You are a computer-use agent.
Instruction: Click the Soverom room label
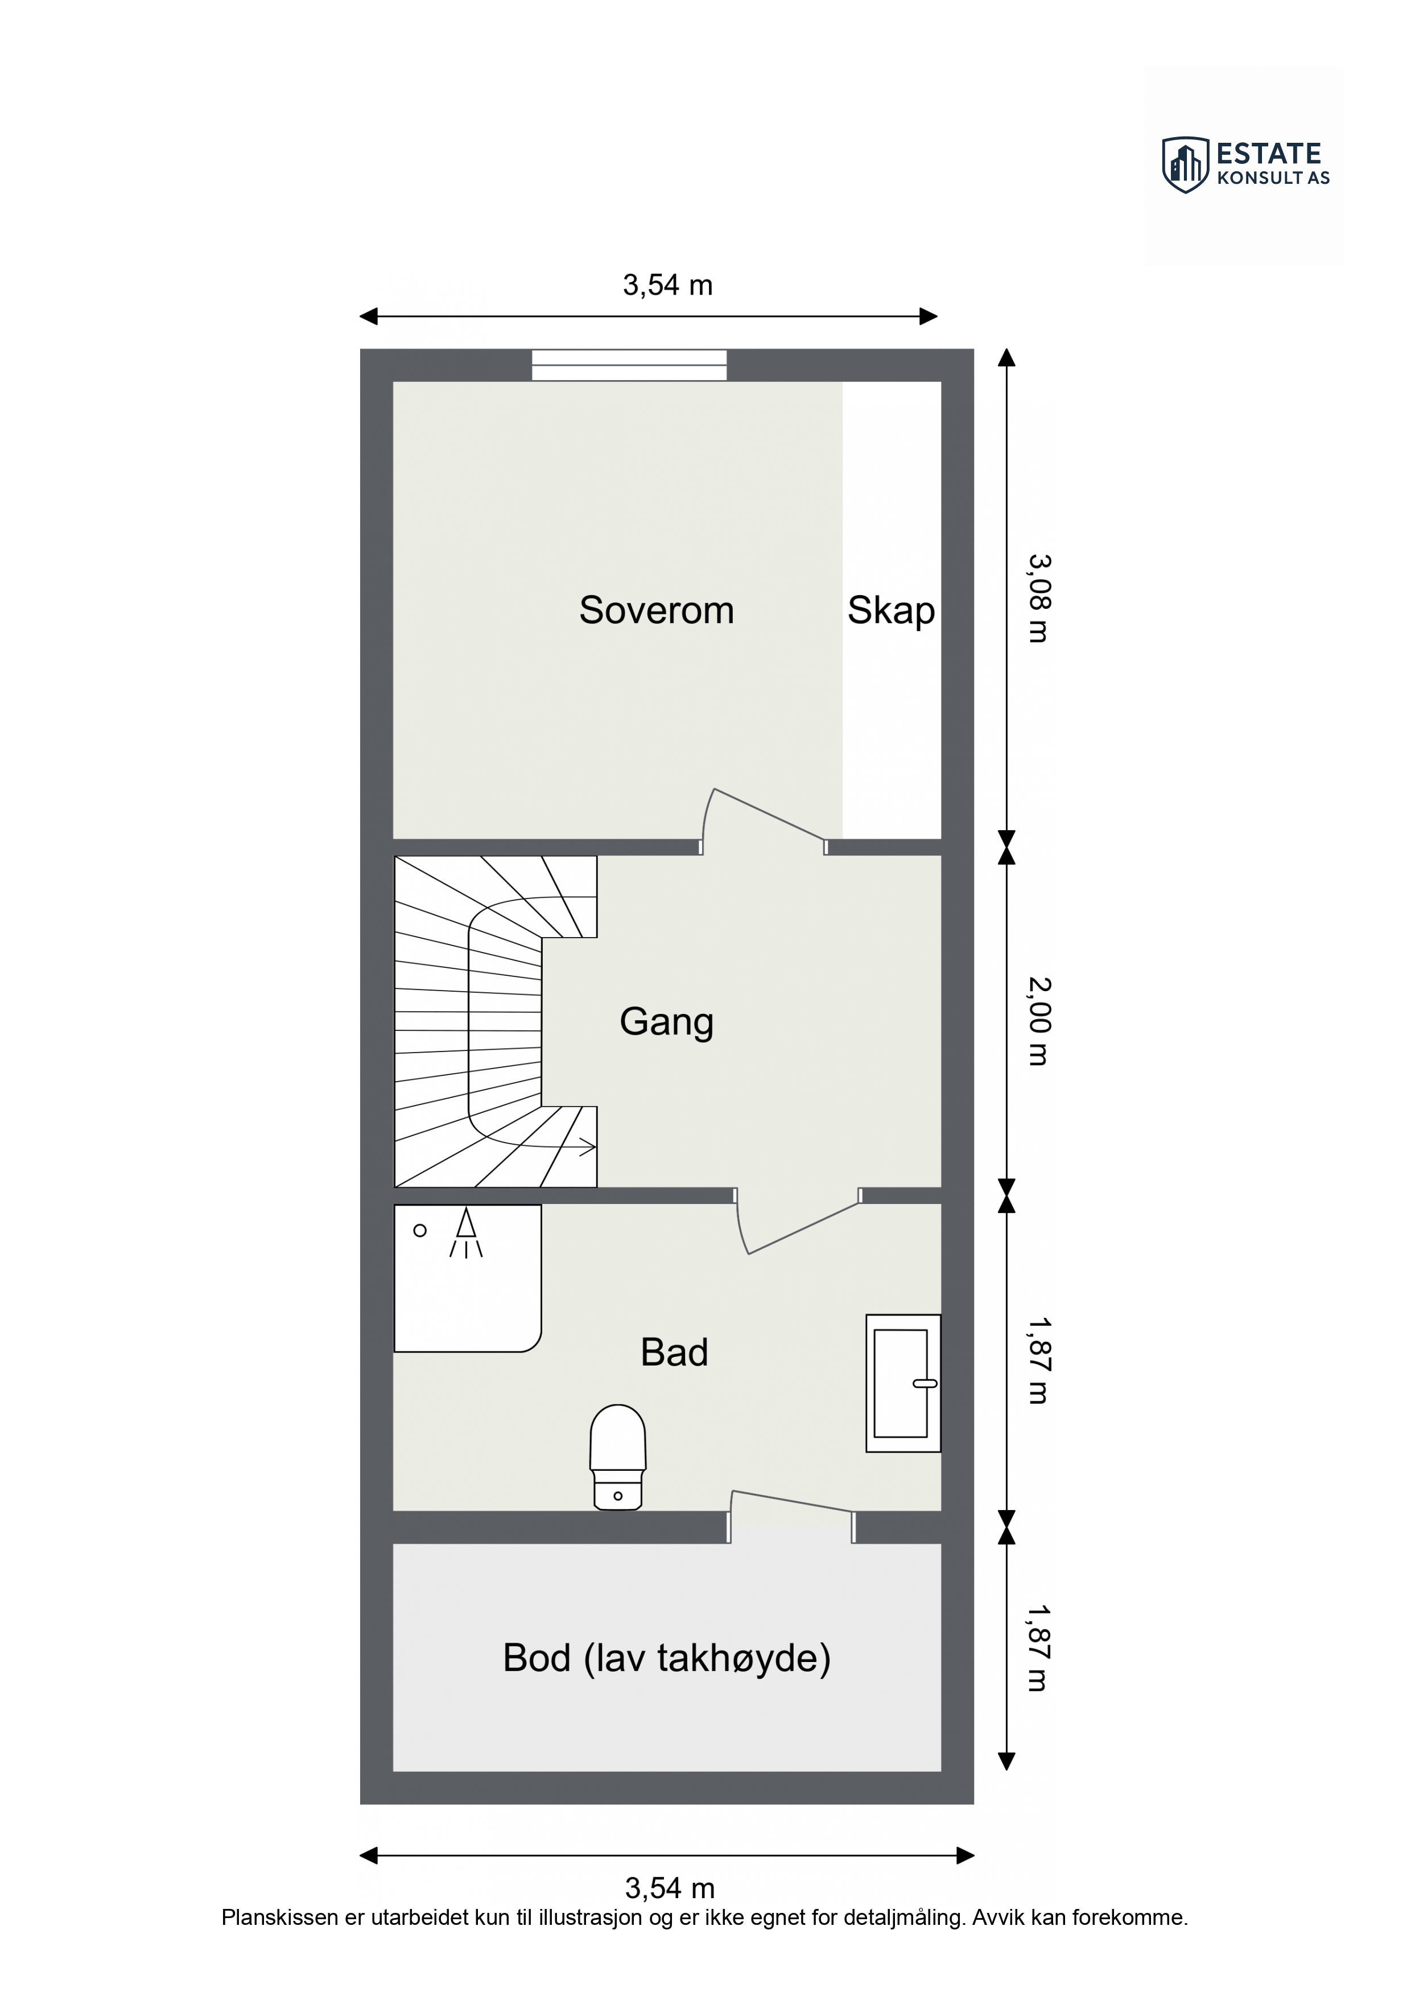[657, 611]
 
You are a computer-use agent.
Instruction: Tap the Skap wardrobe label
[891, 611]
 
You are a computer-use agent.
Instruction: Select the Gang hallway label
[667, 1022]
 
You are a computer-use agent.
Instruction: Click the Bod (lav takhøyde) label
[667, 1659]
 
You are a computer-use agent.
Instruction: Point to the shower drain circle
[420, 1230]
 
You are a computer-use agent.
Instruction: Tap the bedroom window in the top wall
[629, 365]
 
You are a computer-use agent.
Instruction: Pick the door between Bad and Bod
[791, 1516]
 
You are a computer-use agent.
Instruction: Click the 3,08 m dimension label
[1039, 599]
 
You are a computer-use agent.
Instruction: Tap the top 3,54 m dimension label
[668, 285]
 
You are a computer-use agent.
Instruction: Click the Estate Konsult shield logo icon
[1185, 164]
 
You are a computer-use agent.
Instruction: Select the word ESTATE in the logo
[1268, 154]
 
